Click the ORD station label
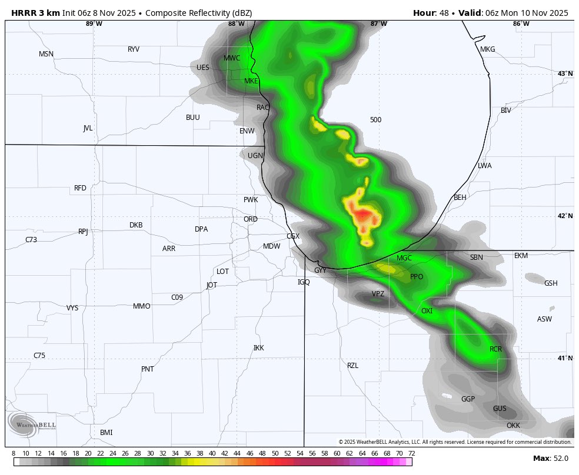251,219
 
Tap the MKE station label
251,81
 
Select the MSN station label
46,54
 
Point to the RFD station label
80,188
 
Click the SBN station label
476,257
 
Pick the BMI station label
107,433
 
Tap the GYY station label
320,270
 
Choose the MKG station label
488,49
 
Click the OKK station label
513,426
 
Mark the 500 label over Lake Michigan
375,120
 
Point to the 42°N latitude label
565,216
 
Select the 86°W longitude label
521,24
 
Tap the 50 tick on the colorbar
275,453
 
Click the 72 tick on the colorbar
411,453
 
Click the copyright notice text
454,441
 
